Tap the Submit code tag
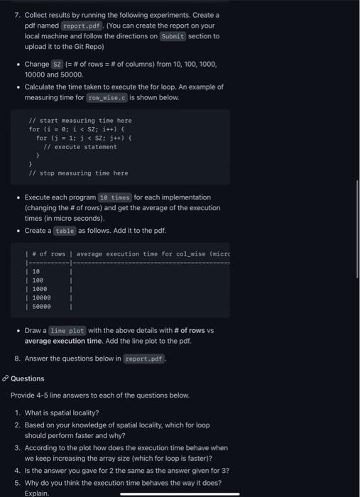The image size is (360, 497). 173,35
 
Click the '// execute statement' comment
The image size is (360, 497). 80,146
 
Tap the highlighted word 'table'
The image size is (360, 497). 65,230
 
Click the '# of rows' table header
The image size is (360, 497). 48,253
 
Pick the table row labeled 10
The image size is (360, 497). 36,271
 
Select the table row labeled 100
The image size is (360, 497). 38,280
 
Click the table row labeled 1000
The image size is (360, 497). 39,289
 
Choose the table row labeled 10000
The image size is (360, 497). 41,297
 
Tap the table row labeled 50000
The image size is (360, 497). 41,307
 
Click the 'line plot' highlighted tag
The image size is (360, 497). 68,331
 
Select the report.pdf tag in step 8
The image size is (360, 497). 144,359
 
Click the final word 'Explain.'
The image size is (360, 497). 36,492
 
